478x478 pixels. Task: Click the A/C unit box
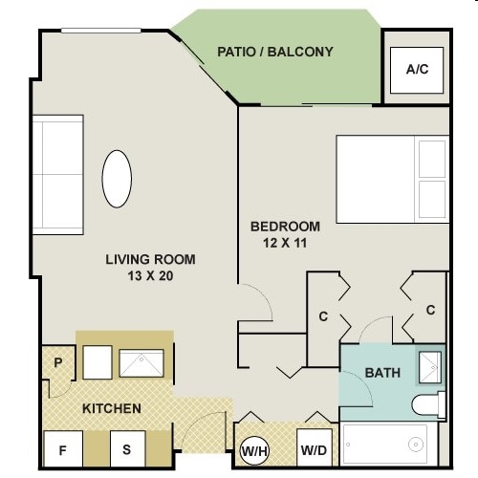[417, 70]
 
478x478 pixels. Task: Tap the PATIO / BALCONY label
[275, 52]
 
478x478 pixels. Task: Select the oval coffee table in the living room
[117, 179]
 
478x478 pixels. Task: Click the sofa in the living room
[58, 175]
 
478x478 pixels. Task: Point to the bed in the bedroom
[393, 179]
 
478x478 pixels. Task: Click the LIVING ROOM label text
[150, 259]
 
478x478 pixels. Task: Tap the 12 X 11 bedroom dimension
[285, 243]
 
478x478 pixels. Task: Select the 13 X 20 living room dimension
[150, 276]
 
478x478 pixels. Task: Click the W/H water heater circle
[254, 451]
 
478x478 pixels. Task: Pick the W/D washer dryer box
[315, 447]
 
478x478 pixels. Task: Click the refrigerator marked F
[63, 448]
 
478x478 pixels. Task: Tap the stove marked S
[127, 448]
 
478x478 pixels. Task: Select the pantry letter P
[58, 362]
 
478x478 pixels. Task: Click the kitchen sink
[141, 363]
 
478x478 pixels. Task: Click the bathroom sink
[430, 367]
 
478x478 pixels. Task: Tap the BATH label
[382, 373]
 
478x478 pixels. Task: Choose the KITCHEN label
[112, 408]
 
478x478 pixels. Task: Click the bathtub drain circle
[416, 445]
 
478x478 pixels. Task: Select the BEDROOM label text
[285, 227]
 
